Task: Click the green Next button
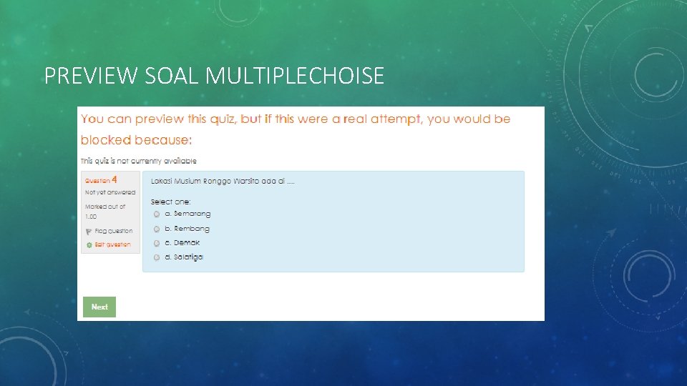99,307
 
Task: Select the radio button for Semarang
157,214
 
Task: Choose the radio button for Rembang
157,229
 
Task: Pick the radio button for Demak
157,244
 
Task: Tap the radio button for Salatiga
157,258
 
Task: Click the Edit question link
113,244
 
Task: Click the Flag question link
113,231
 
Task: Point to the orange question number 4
114,180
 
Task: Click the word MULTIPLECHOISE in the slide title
294,76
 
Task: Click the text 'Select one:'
170,202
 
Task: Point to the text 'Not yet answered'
110,192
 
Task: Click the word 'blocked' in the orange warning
106,140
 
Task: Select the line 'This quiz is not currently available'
138,161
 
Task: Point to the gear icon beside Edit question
89,245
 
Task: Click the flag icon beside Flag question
89,232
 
